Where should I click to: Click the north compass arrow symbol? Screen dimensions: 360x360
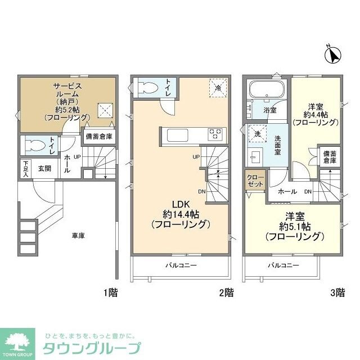(x=334, y=55)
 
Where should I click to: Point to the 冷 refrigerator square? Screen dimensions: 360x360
(x=218, y=87)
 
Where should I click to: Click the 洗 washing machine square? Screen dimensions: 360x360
(x=257, y=135)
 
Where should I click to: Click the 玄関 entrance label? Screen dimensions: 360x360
(x=45, y=168)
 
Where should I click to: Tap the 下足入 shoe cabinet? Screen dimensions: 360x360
(x=25, y=168)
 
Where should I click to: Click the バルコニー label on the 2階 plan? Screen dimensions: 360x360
(x=181, y=265)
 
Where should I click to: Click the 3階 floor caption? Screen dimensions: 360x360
(x=337, y=292)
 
